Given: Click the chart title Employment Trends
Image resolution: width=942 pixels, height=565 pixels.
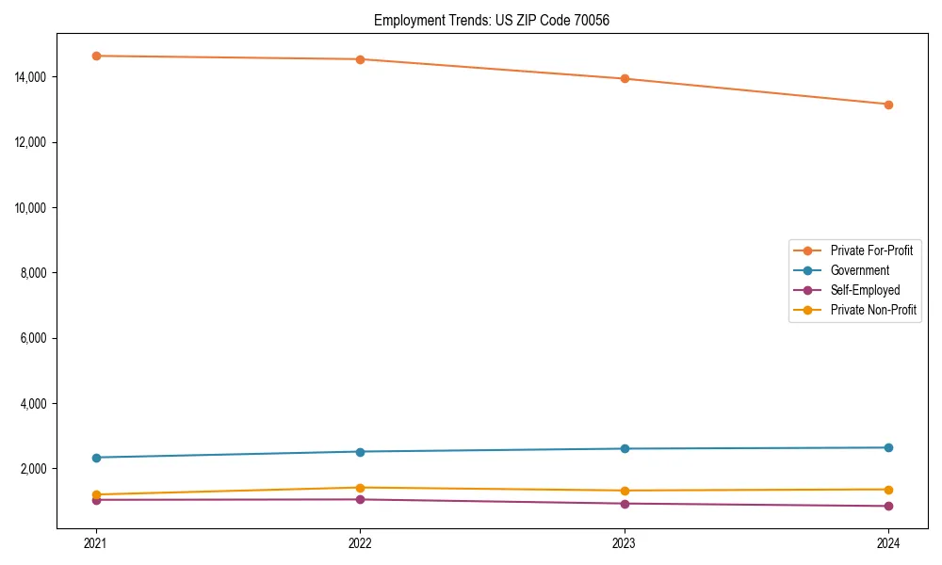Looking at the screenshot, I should (492, 20).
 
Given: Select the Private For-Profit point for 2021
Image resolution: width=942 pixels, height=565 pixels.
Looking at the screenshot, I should (95, 56).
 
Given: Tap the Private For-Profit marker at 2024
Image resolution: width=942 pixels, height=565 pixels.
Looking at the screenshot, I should (888, 105).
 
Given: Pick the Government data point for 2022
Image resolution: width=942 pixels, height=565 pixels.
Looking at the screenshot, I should (360, 452).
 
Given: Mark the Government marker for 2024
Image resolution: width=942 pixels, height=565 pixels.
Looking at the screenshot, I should (888, 447).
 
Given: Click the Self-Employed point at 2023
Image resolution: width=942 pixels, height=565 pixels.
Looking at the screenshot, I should (624, 504).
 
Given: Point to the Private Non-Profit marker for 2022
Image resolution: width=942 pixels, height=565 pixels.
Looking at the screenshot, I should (360, 488).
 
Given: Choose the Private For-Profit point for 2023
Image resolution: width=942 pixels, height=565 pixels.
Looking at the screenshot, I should (624, 79).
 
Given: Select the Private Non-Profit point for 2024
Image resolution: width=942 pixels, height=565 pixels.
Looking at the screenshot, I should (888, 490).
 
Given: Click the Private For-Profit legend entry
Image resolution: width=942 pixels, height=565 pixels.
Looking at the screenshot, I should (871, 250).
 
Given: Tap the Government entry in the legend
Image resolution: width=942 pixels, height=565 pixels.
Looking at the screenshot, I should (859, 270).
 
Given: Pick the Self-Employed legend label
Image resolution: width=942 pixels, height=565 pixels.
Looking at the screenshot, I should (865, 290).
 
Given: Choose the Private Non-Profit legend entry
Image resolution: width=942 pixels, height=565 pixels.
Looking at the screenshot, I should (873, 310).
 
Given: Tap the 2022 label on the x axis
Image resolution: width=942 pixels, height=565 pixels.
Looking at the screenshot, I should (360, 542).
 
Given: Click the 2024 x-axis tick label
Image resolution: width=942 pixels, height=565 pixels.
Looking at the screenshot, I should (888, 542).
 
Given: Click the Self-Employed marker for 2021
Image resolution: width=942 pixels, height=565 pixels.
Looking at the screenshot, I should (95, 500).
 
